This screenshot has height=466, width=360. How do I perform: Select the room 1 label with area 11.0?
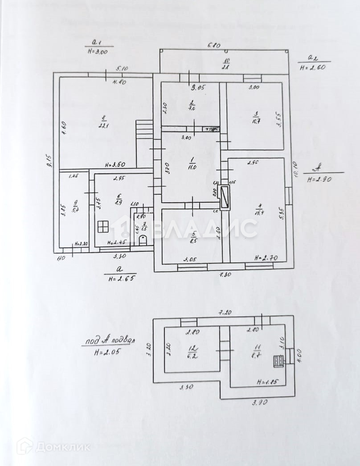191,164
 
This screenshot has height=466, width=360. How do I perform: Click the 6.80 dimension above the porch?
215,45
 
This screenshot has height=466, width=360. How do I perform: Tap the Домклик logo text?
62,446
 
